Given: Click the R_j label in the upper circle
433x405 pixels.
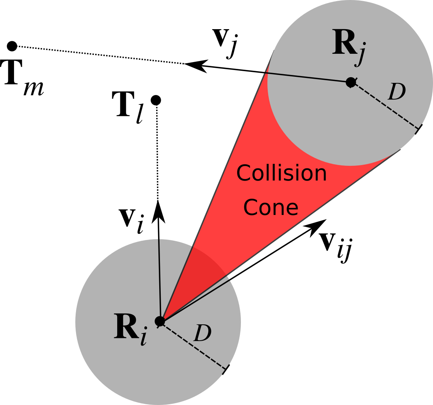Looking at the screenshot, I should click(349, 46).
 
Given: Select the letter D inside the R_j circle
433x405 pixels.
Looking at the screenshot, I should click(397, 92).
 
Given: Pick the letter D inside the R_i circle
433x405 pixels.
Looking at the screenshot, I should click(202, 334).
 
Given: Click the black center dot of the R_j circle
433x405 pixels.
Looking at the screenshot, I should click(351, 82).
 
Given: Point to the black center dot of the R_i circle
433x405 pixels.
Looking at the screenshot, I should click(160, 321).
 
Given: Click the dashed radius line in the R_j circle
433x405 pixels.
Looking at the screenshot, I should click(386, 105).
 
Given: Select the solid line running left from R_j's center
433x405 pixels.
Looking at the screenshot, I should click(306, 77).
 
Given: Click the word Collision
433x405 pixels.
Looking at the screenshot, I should click(281, 173).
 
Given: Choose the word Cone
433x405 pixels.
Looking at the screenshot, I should click(271, 207).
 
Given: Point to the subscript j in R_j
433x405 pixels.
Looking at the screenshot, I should click(360, 55).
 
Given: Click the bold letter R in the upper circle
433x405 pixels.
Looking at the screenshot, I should click(343, 44).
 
